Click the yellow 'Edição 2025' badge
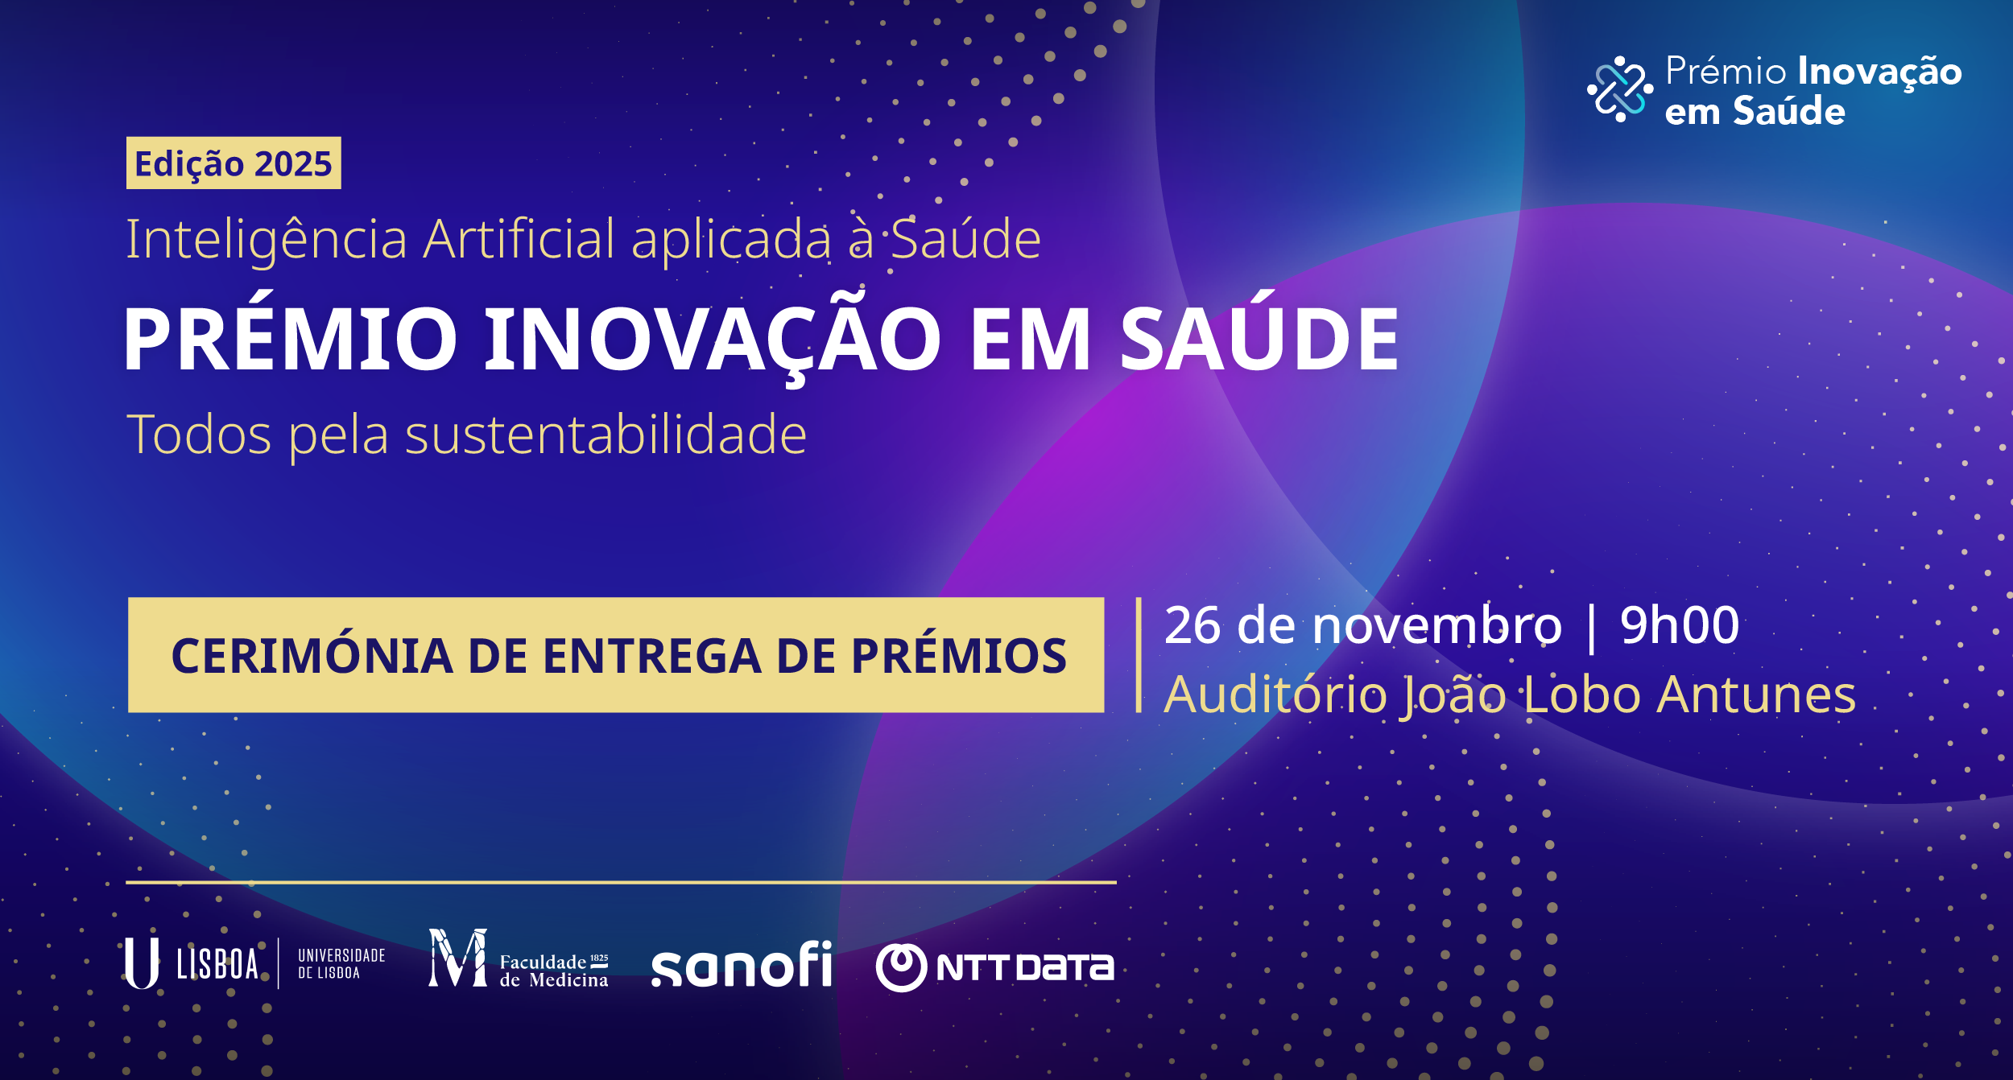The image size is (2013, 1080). pos(234,163)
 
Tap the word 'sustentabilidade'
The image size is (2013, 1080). pos(606,435)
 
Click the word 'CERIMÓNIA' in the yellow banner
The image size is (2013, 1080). pos(312,655)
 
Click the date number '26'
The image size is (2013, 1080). pos(1193,625)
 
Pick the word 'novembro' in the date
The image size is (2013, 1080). pos(1437,625)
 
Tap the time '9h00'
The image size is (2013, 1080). pos(1680,625)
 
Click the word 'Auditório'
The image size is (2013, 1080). pos(1275,695)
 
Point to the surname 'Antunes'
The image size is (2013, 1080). pos(1756,695)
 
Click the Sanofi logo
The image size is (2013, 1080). pos(742,963)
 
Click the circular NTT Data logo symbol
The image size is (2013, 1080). pos(901,967)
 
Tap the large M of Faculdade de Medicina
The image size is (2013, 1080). pos(457,958)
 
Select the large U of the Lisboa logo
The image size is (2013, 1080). pos(142,963)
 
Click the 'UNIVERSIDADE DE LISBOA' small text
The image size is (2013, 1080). pos(341,964)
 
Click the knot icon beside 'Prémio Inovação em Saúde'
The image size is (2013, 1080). pos(1620,89)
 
